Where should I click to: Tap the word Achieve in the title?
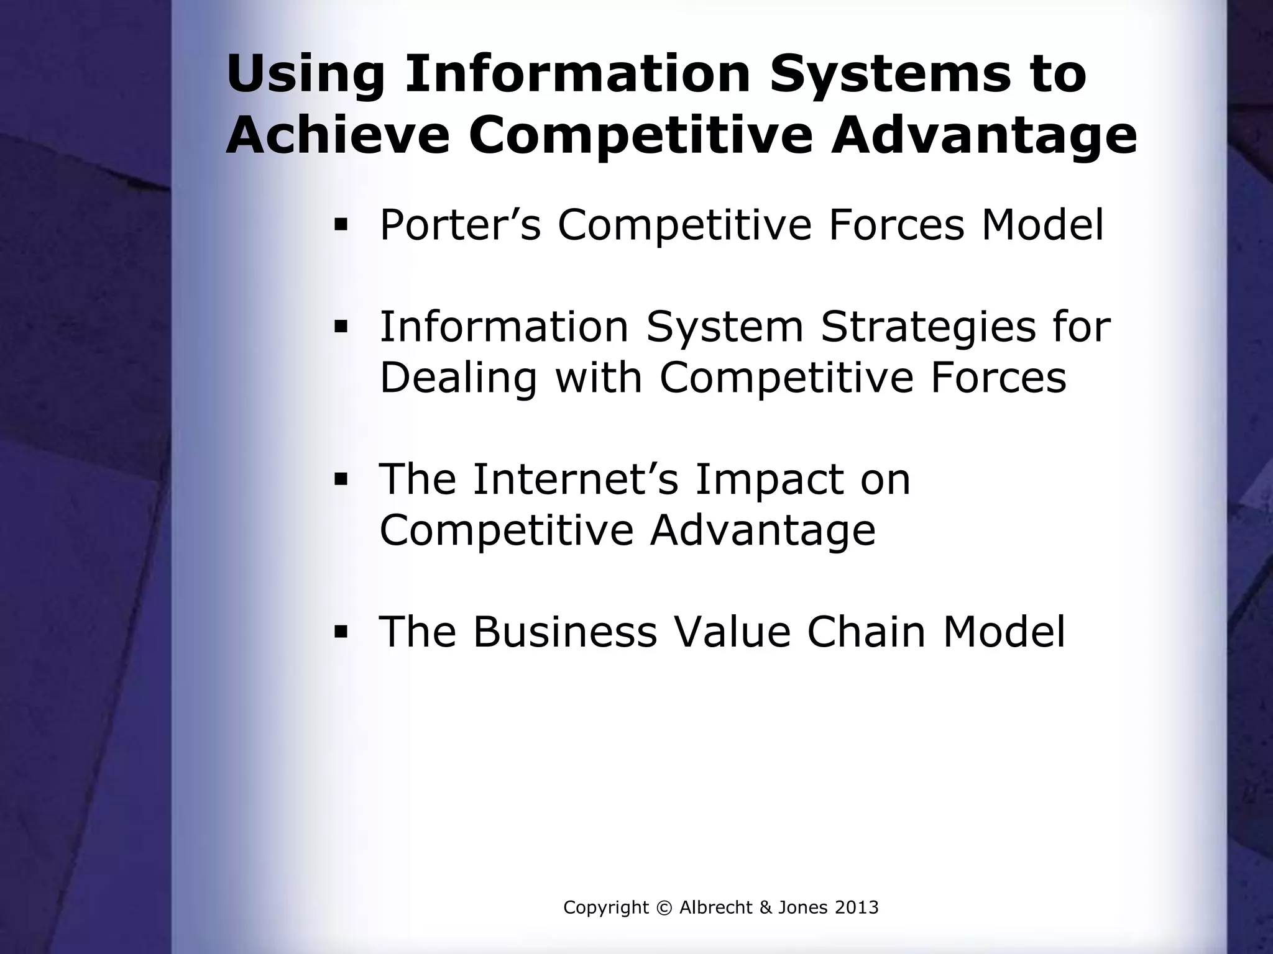tap(338, 136)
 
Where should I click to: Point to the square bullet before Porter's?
tap(340, 224)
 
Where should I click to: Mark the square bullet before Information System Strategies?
tap(340, 326)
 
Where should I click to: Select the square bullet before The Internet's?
tap(340, 479)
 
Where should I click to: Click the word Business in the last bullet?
tap(564, 632)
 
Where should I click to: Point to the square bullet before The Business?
tap(340, 632)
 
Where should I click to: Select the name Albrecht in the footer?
tap(716, 908)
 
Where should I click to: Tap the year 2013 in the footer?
tap(857, 908)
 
